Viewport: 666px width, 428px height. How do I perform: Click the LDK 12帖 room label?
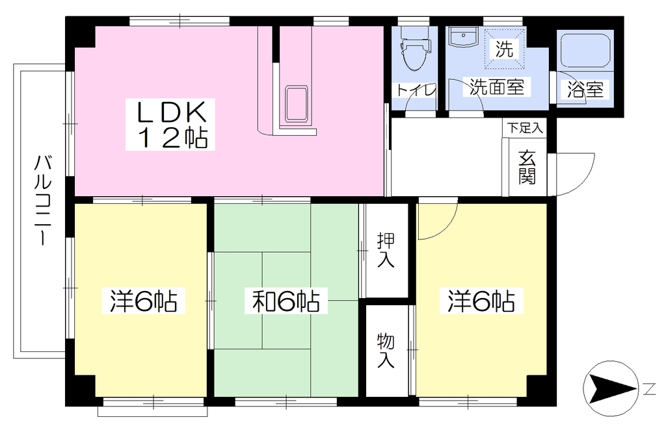pyautogui.click(x=170, y=124)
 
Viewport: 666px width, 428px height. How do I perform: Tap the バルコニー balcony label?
pyautogui.click(x=42, y=200)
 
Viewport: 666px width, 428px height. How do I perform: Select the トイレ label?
pyautogui.click(x=416, y=90)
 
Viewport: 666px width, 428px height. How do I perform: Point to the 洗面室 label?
pyautogui.click(x=496, y=87)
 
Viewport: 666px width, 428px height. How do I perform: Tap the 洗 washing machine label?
pyautogui.click(x=505, y=49)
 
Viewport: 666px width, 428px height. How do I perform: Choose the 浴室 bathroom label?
pyautogui.click(x=585, y=89)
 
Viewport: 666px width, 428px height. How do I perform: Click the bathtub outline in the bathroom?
pyautogui.click(x=585, y=50)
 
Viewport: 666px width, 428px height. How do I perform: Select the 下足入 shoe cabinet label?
pyautogui.click(x=526, y=128)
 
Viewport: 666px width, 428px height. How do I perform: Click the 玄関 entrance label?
pyautogui.click(x=527, y=167)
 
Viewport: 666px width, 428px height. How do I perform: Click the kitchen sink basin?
pyautogui.click(x=297, y=104)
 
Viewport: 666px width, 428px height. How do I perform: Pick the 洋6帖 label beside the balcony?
pyautogui.click(x=144, y=301)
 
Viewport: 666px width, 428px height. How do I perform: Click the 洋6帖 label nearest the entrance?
pyautogui.click(x=481, y=301)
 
